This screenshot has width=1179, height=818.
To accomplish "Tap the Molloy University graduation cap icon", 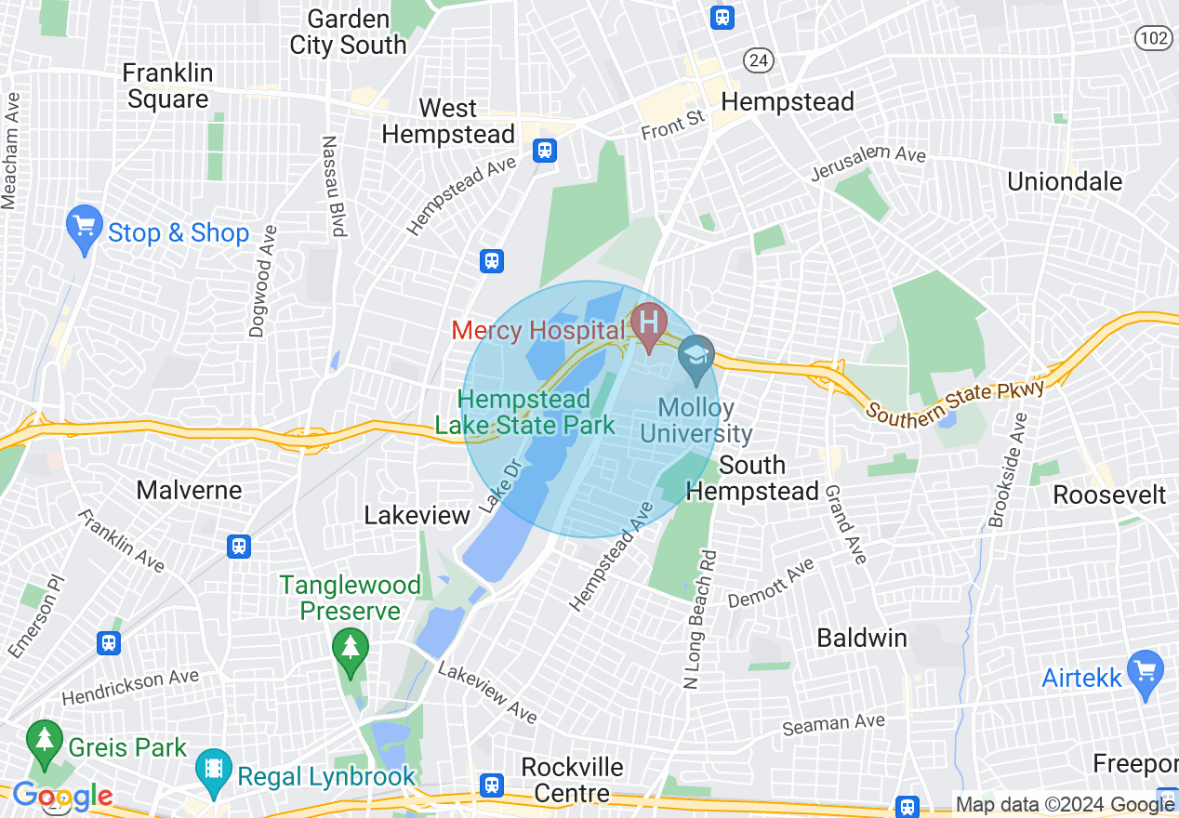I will [x=695, y=356].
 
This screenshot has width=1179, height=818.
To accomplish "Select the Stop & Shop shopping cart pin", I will [x=84, y=226].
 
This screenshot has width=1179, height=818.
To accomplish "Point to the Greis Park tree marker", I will [x=44, y=741].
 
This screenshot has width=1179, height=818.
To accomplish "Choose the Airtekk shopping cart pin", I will [x=1144, y=669].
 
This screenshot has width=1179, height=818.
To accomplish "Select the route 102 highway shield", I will [x=1153, y=38].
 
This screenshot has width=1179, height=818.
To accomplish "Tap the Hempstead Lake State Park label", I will [x=524, y=413].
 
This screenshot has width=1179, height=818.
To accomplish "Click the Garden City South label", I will [x=348, y=32].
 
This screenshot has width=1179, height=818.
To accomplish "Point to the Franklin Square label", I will [x=167, y=86].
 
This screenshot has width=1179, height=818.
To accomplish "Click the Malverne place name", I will [x=189, y=490].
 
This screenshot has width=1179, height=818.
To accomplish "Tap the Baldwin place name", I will [x=861, y=638].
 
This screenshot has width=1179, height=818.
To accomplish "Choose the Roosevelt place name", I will [x=1109, y=495].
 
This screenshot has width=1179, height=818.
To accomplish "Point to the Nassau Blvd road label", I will [x=333, y=186].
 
